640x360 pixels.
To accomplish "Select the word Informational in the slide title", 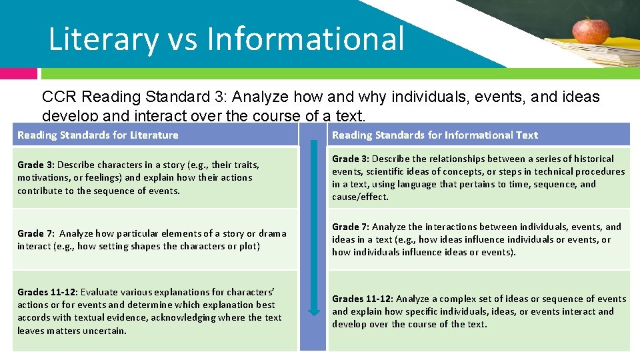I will tap(305, 39).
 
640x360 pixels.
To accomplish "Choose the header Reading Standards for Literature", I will tap(98, 135).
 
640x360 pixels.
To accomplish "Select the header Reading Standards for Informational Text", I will tap(435, 135).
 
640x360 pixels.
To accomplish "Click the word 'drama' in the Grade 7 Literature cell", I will tap(273, 233).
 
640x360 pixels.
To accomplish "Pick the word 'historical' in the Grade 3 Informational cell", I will tap(593, 159).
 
